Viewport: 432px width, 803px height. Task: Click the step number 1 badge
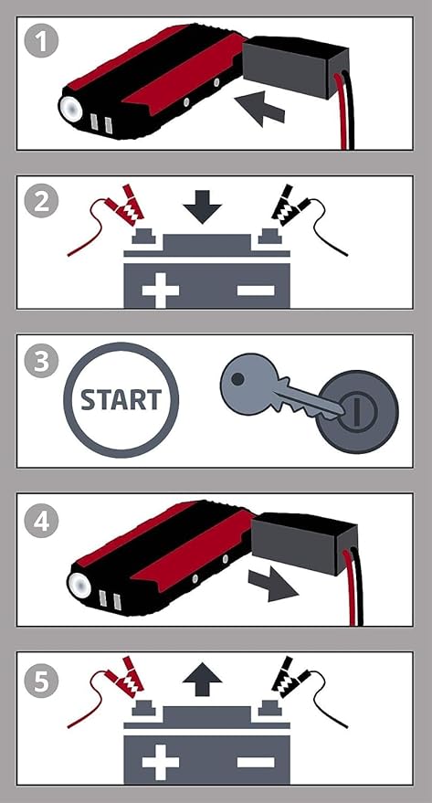point(41,42)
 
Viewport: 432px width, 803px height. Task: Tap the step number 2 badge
point(41,201)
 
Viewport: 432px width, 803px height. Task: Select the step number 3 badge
point(41,360)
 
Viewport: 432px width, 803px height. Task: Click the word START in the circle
point(121,400)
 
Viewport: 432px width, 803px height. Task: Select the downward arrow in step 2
point(202,206)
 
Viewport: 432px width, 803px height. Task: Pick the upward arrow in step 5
point(202,680)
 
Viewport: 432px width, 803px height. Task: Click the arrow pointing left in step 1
point(258,107)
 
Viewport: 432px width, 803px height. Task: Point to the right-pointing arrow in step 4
point(273,584)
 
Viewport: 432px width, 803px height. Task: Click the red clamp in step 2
point(124,206)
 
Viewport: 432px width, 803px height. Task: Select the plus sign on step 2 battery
point(160,291)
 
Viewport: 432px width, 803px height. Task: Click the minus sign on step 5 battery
point(256,762)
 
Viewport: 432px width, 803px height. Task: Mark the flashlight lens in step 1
point(71,109)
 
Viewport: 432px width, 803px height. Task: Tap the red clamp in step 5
point(124,677)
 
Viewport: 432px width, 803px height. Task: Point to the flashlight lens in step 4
point(79,586)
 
